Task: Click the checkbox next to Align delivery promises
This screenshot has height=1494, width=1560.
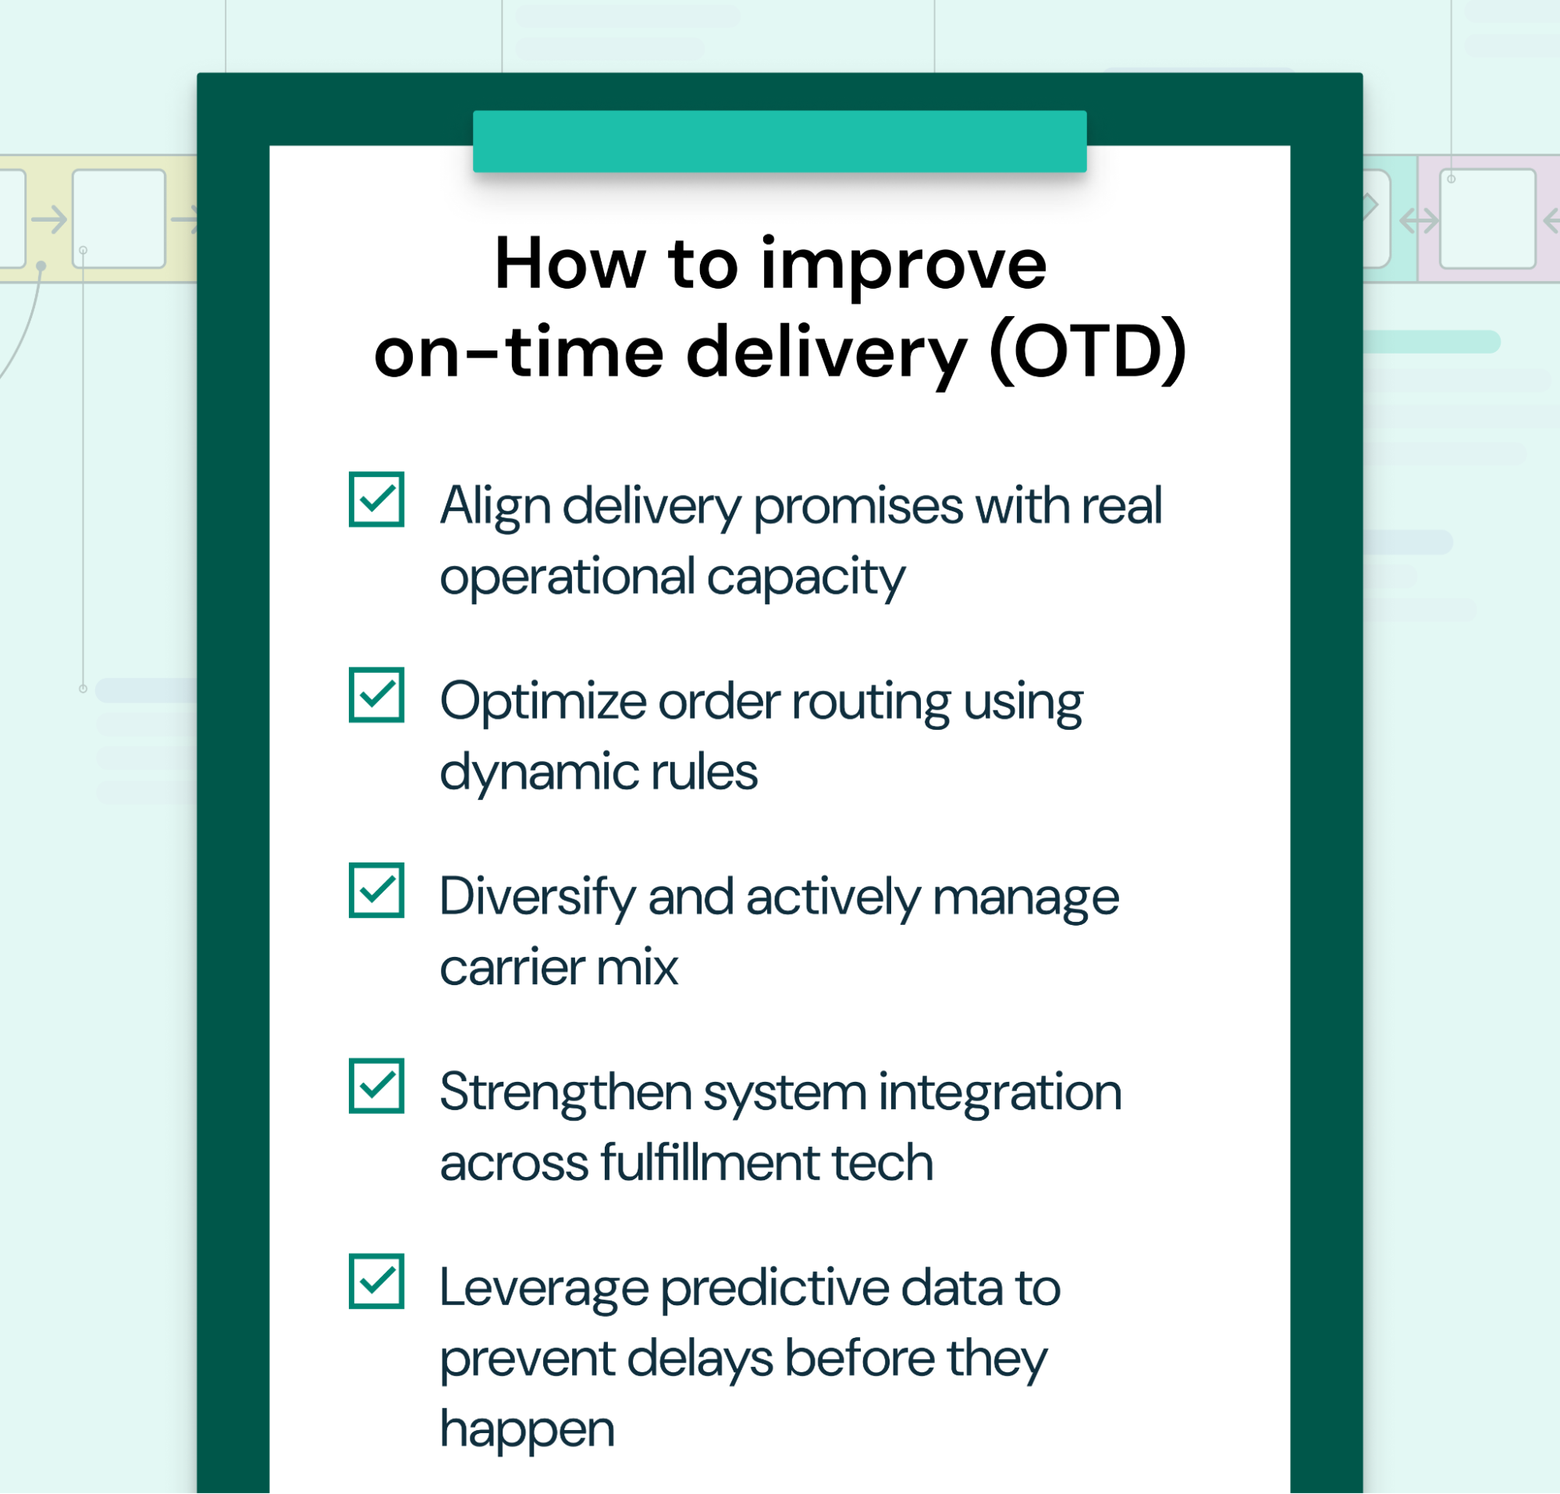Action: pos(376,499)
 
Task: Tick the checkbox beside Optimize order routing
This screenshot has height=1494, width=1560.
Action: pos(376,695)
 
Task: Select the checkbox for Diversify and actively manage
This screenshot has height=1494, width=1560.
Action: pos(376,890)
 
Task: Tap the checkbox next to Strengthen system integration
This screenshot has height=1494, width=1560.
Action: pos(376,1086)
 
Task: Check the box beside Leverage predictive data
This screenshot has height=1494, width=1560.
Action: pos(376,1281)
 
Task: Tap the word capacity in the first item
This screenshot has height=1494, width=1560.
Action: pos(805,577)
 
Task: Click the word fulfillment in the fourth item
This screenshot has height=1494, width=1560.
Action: pos(710,1163)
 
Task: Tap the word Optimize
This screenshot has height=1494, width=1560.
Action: pos(543,702)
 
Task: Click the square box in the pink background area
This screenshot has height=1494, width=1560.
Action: pos(1487,218)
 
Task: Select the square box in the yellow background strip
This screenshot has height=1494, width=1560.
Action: pos(119,218)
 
